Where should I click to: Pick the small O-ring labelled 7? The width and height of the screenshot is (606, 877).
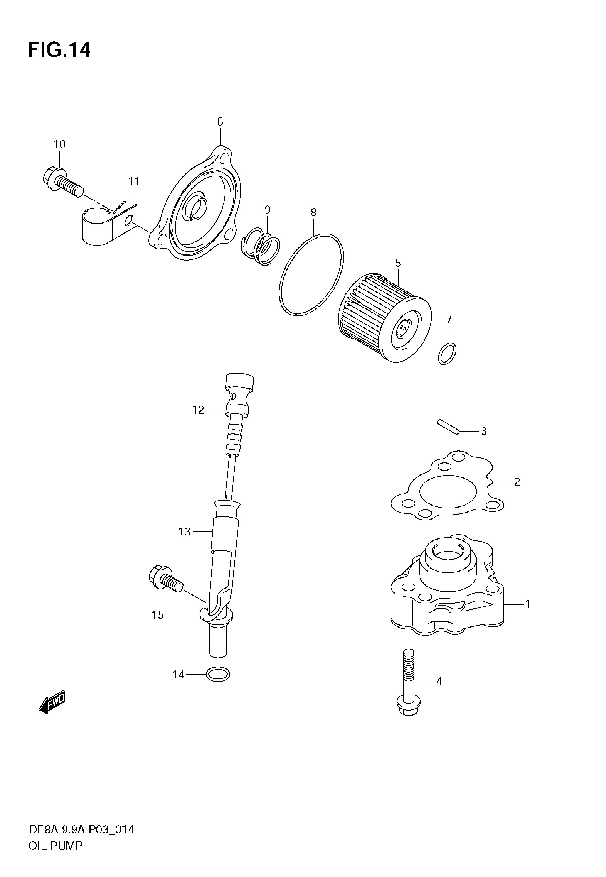coord(447,354)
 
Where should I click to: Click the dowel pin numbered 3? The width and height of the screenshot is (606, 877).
coord(448,426)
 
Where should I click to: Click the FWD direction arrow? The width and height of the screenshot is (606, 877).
coord(52,702)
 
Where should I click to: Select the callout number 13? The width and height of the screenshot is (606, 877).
coord(184,532)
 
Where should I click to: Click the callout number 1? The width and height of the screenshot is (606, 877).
coord(527,604)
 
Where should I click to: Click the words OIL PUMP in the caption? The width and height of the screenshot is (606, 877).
coord(55,846)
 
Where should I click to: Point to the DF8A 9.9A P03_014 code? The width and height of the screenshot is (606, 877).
coord(81,830)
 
